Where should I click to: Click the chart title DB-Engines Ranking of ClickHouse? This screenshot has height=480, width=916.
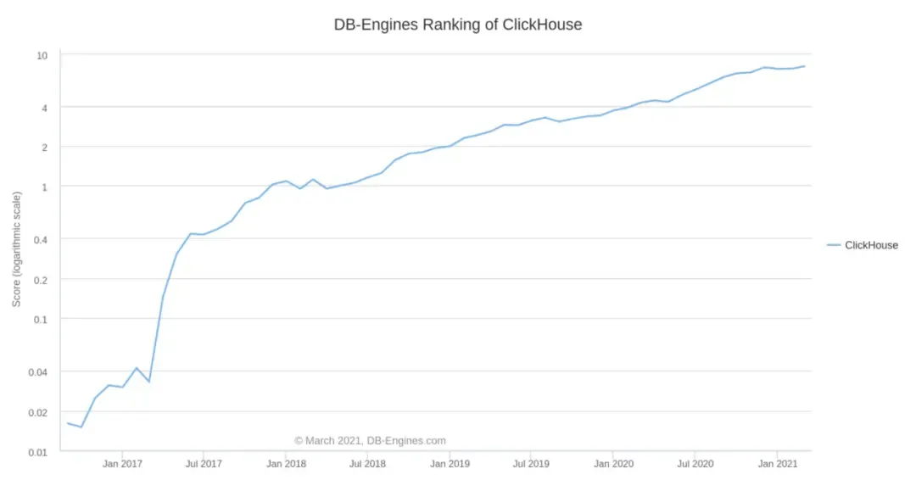[458, 25]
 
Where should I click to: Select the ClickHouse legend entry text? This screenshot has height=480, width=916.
[871, 245]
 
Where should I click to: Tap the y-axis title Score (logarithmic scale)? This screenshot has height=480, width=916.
[16, 248]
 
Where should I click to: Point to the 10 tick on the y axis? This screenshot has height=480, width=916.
[42, 56]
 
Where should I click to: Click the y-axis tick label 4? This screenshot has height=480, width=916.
[44, 107]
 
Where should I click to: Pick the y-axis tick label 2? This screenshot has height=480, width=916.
[44, 147]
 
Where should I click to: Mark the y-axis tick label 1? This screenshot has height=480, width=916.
[44, 187]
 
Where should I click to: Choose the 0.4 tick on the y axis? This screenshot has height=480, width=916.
[41, 239]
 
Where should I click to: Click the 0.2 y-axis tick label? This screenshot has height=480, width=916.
[41, 279]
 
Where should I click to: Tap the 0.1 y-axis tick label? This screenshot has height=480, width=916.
[41, 319]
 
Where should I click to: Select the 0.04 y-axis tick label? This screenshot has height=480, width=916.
[38, 371]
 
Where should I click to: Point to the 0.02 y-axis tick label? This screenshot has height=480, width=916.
[38, 412]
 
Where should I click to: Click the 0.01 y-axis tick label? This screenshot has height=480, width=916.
[38, 452]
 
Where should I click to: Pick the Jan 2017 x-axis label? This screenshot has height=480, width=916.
[122, 464]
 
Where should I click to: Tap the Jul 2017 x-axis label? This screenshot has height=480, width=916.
[204, 464]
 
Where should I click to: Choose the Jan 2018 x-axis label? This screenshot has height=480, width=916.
[286, 464]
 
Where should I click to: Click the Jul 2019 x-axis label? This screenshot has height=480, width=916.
[531, 464]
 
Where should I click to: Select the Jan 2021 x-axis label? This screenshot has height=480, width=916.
[777, 464]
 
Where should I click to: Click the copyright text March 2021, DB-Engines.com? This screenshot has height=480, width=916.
[370, 441]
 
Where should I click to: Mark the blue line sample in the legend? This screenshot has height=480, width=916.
[834, 245]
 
